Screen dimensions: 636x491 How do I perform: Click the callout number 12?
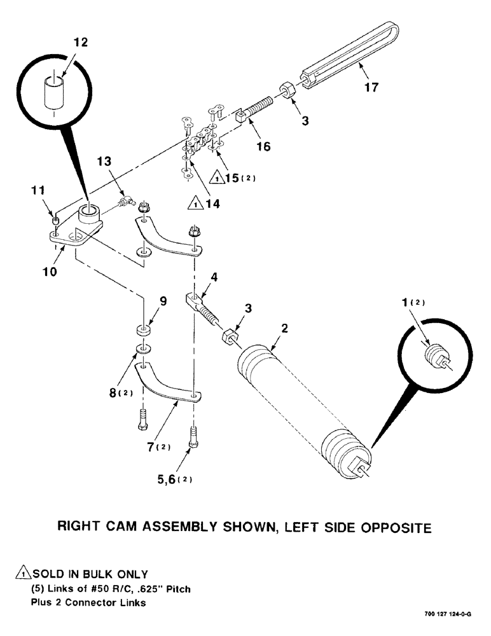click(81, 43)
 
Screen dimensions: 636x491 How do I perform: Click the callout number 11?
click(38, 191)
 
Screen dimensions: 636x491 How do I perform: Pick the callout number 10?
click(50, 271)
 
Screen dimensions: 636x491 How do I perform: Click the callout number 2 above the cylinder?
click(284, 329)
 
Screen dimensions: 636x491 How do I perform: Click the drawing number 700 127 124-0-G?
click(447, 615)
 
